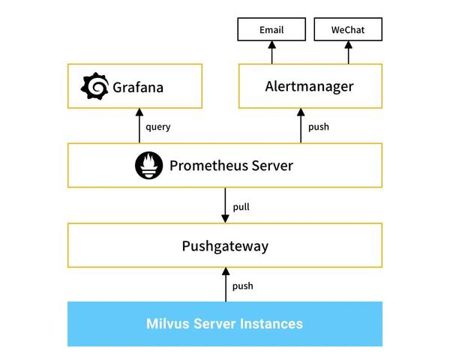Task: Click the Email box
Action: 271,30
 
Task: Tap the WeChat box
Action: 347,30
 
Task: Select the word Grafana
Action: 137,88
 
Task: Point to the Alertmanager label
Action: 309,86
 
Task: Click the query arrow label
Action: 157,127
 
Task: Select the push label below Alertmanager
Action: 319,127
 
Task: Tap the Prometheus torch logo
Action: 148,166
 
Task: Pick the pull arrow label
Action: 241,206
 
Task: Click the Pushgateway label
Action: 225,246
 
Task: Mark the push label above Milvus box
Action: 242,286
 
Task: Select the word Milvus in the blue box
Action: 167,324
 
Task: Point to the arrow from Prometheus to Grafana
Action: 139,125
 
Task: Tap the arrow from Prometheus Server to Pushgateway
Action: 225,205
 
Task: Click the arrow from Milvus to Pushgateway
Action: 225,285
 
